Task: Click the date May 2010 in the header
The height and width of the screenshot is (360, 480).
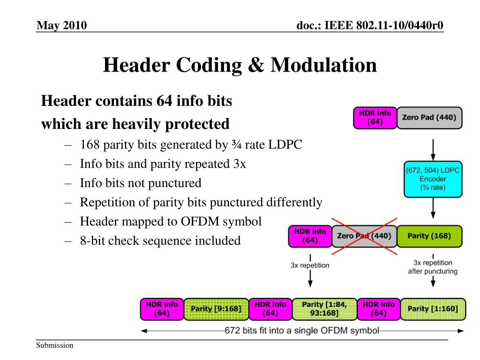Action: (x=62, y=24)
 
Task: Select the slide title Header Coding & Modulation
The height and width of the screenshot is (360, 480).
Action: (x=240, y=65)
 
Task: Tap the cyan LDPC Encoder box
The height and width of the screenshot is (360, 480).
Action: (x=433, y=180)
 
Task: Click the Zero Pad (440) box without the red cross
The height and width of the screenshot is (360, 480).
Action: (x=429, y=118)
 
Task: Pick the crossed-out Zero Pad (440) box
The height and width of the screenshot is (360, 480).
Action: (x=364, y=236)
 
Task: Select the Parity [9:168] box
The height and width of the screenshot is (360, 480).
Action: (x=216, y=309)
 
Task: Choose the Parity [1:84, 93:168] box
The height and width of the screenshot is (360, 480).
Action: (x=324, y=309)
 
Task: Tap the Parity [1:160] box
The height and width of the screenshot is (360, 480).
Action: (x=434, y=309)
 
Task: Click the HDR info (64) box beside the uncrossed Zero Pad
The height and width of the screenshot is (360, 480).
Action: (x=375, y=118)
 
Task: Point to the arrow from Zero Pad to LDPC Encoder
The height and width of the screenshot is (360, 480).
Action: (x=433, y=150)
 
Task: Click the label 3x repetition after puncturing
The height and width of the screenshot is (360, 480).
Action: (x=433, y=267)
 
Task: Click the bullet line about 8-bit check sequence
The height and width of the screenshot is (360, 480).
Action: (x=160, y=241)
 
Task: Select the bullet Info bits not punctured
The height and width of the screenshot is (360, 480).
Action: (x=140, y=183)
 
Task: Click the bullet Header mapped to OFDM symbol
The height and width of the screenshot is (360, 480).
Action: (x=170, y=221)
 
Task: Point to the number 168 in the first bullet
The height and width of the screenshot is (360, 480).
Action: (x=90, y=144)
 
